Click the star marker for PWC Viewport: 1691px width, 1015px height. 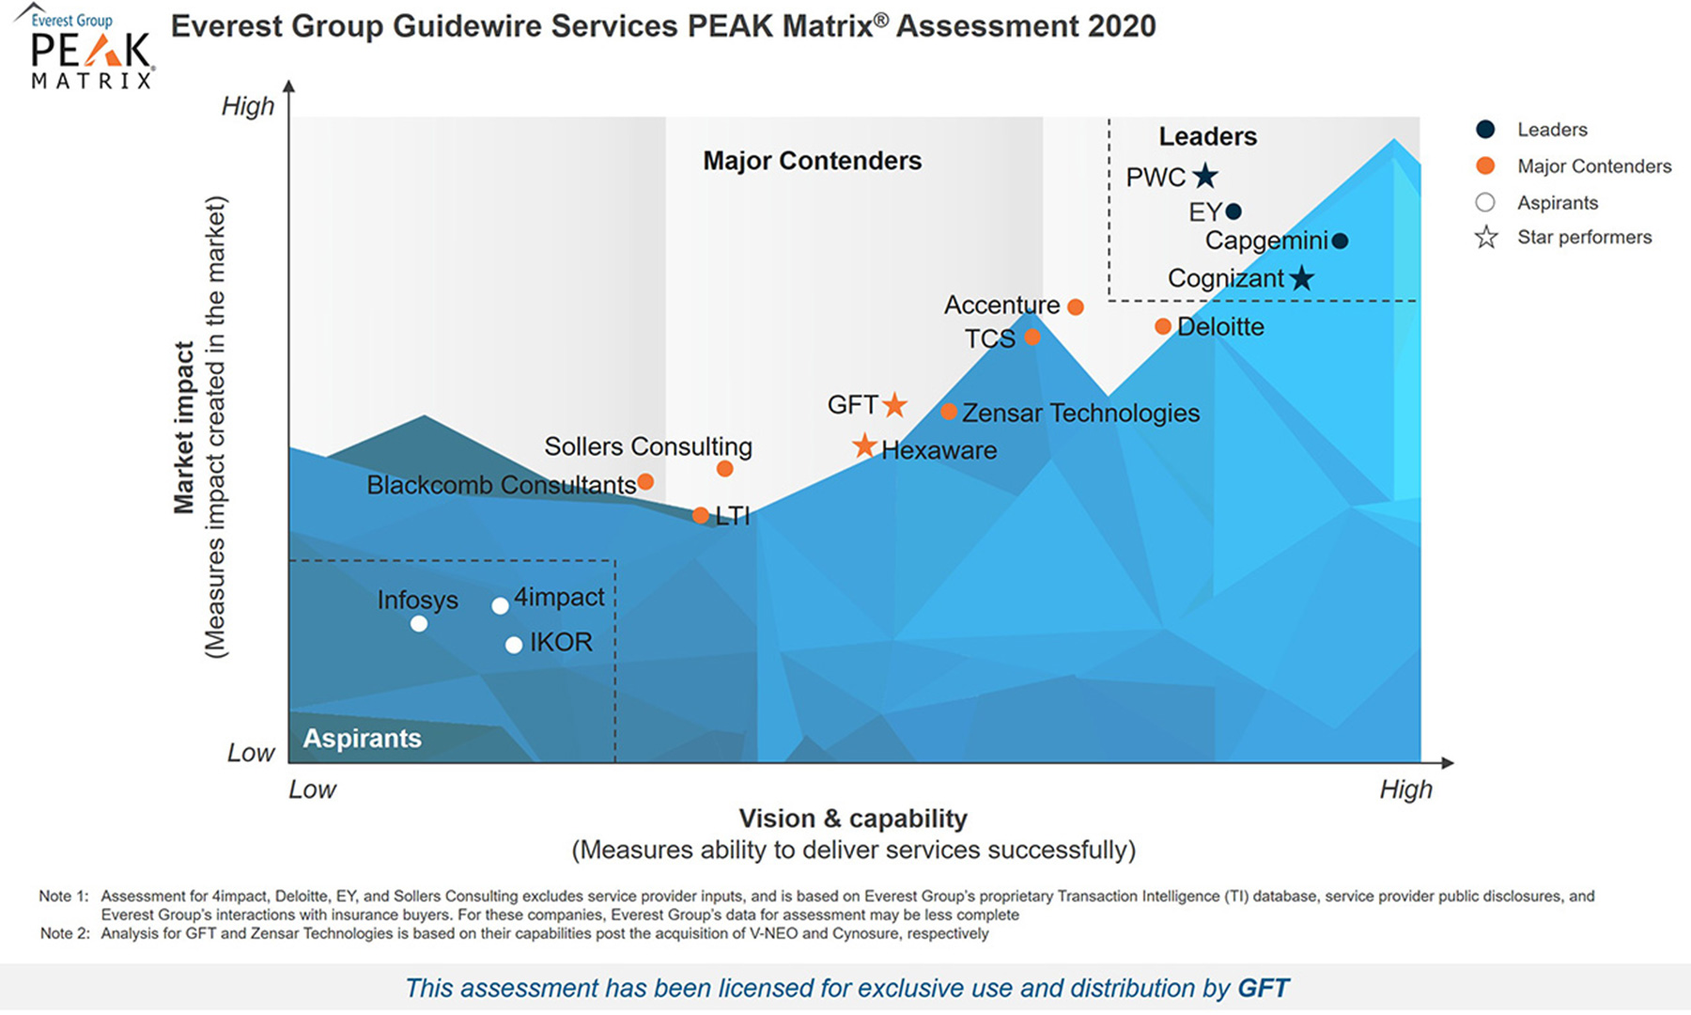1205,176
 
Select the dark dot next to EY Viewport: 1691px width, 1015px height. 1233,211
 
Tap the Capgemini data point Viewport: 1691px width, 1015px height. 1341,241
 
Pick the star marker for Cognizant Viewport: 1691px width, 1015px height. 1301,278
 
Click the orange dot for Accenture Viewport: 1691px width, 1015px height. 1076,306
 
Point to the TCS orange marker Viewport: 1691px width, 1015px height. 1032,336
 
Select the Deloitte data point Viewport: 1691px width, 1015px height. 1163,326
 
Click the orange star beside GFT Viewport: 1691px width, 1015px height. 894,405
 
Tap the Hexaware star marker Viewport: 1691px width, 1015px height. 864,446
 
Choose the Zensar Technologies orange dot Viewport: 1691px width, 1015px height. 949,412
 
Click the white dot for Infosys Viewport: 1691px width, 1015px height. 419,623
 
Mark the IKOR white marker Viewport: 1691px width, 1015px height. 514,645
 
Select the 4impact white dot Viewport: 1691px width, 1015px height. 501,606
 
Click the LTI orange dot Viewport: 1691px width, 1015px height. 701,515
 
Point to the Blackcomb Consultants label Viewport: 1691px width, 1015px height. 501,485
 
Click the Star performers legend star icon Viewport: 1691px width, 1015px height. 1485,238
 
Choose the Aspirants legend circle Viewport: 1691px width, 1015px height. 1485,202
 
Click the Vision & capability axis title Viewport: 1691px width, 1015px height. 853,819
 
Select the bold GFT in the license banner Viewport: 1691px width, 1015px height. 1264,988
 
